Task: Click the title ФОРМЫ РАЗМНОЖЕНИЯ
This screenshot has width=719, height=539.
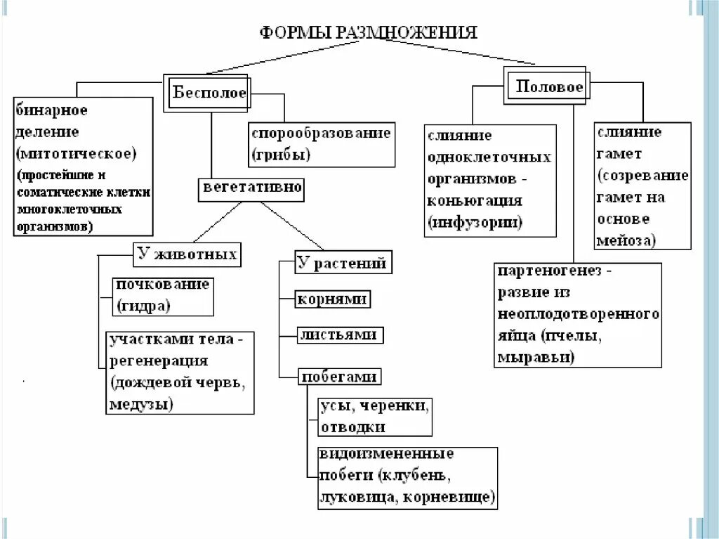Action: tap(369, 32)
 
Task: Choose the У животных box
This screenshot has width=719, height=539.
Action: tap(187, 254)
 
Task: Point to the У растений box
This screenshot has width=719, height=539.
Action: tap(342, 263)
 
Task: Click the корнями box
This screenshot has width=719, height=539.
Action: tap(332, 299)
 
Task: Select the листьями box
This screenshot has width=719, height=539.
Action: tap(340, 335)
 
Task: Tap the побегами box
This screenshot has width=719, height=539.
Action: tap(340, 377)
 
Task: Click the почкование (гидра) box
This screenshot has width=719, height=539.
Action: tap(162, 296)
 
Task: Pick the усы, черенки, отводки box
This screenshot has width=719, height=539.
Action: tap(374, 417)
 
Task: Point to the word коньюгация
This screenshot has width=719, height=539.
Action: tap(474, 200)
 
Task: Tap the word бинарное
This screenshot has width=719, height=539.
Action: tap(51, 111)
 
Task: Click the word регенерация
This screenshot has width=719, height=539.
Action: tap(158, 361)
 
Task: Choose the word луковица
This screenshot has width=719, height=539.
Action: tap(352, 497)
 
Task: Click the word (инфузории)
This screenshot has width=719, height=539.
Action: tap(474, 223)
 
